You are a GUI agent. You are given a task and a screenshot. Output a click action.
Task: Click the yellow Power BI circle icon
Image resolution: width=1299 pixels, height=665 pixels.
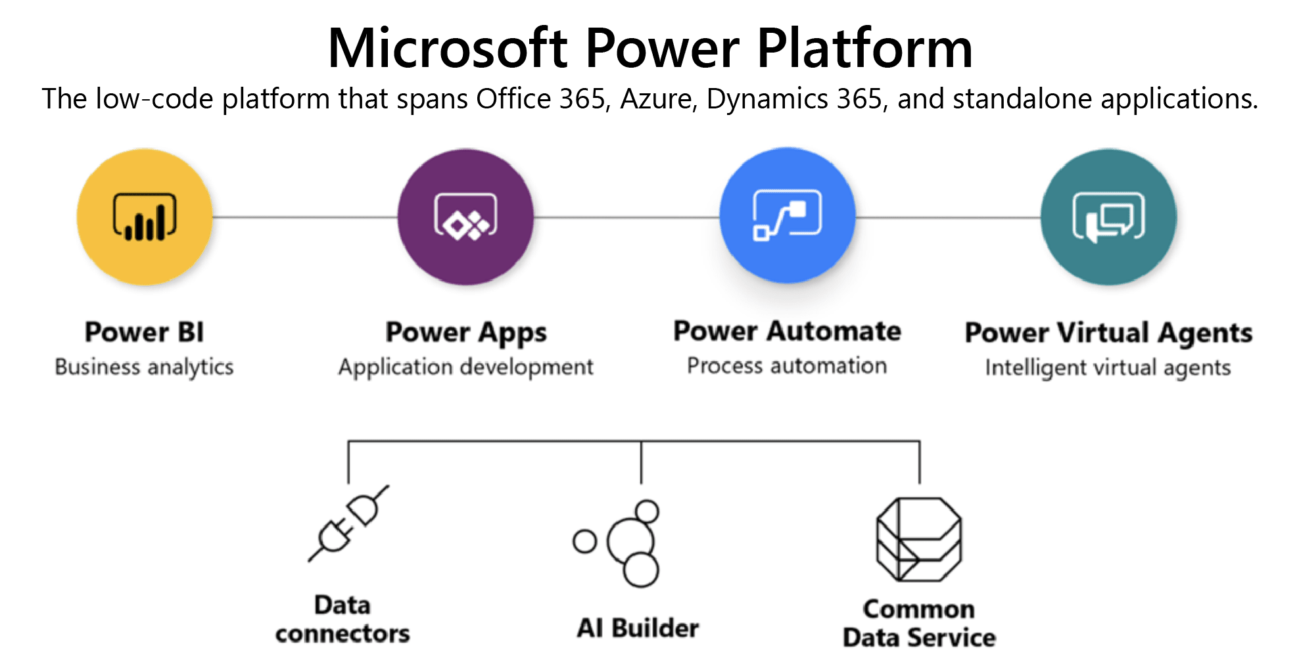pos(145,217)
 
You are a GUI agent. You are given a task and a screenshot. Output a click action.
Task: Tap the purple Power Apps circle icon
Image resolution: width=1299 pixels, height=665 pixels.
pos(465,217)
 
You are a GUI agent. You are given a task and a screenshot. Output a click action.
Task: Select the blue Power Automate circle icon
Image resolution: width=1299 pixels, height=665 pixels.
pos(787,216)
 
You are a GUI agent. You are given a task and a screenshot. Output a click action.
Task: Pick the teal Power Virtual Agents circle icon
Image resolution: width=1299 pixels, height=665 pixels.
pos(1108,217)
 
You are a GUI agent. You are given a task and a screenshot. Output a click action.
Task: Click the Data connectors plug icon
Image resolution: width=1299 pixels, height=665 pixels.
pos(348,523)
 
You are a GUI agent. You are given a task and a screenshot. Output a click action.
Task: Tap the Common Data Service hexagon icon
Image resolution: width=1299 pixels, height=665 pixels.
pos(919,539)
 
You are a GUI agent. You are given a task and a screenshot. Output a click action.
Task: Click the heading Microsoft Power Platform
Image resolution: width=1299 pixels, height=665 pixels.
pos(649,49)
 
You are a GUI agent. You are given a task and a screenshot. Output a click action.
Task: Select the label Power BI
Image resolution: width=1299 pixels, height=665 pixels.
pos(145,332)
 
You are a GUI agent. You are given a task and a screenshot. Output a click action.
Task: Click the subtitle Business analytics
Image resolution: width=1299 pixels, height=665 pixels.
pos(145,367)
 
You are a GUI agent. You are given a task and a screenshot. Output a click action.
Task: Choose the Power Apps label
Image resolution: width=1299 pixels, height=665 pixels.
pos(465,332)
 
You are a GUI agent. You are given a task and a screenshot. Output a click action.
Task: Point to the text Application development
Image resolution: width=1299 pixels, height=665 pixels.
pos(465,367)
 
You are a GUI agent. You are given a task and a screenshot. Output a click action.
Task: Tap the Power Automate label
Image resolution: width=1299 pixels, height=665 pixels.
pos(787,331)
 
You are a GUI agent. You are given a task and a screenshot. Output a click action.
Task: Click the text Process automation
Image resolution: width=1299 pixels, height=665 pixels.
pos(787,365)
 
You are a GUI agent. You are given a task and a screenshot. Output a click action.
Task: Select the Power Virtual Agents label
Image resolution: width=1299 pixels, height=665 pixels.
pos(1108,332)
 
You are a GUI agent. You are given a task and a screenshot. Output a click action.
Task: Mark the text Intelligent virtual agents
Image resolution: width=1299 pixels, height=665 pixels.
pos(1108,367)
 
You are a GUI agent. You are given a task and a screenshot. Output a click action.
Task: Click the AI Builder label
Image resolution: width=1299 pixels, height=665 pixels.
pos(638,628)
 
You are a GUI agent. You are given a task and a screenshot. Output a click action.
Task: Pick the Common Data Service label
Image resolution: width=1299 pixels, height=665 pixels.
pos(919,623)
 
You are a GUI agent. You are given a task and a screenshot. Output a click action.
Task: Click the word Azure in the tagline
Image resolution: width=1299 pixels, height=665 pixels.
pos(657,99)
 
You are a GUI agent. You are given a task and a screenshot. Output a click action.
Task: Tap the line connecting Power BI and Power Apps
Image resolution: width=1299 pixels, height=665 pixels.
pos(305,217)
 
